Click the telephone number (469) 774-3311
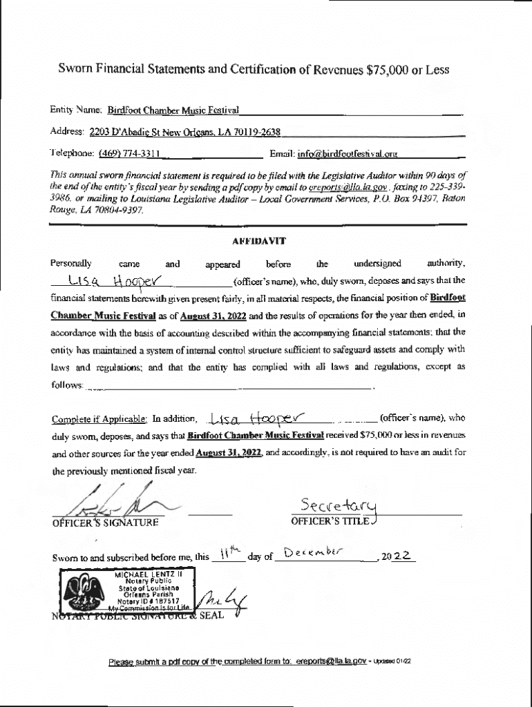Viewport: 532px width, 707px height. pos(130,153)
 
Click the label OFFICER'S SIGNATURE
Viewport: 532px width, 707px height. pos(105,522)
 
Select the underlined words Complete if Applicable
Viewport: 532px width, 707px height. pos(99,418)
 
